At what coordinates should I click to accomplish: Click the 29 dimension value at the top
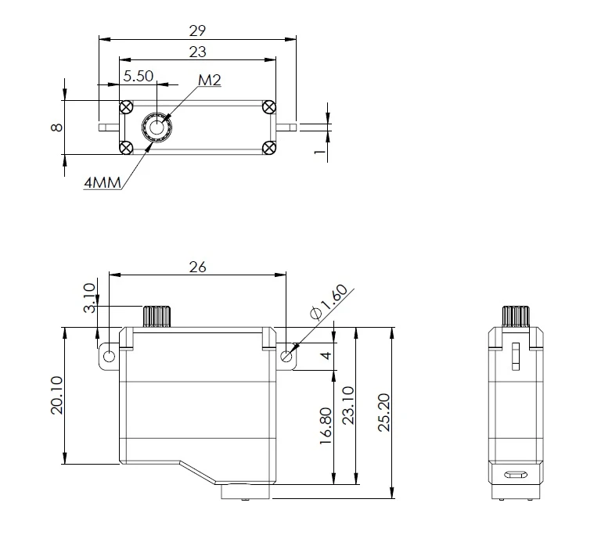(197, 31)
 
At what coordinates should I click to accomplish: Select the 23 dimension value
(197, 52)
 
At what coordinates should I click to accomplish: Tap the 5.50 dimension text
(139, 77)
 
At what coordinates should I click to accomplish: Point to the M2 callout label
(209, 79)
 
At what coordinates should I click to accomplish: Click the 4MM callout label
(102, 183)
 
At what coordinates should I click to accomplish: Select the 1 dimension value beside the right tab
(319, 151)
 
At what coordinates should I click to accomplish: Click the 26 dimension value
(197, 267)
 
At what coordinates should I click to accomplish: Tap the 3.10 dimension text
(89, 298)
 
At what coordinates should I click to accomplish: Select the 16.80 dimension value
(326, 426)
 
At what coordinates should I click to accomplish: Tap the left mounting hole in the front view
(109, 357)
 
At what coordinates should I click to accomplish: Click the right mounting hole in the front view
(286, 357)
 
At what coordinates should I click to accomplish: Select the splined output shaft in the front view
(157, 317)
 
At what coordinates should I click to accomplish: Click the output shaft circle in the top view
(157, 127)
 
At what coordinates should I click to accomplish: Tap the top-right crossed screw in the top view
(269, 107)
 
